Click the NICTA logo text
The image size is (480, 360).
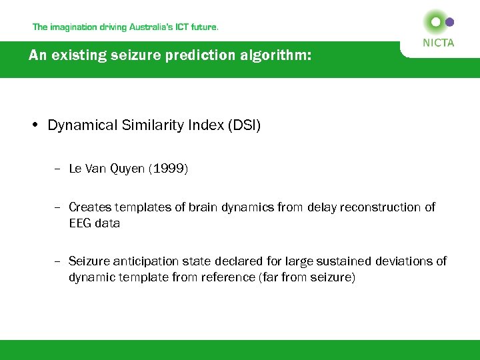click(x=438, y=43)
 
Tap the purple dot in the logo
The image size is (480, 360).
click(x=450, y=22)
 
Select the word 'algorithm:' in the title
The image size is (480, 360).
click(x=276, y=56)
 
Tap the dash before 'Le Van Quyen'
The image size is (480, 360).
click(x=59, y=169)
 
